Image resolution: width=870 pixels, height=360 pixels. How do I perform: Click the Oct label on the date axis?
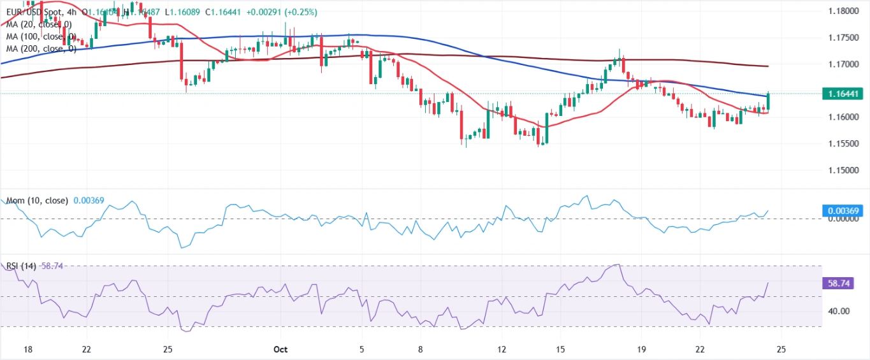coord(281,349)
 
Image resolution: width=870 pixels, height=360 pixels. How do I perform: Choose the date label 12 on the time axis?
coord(502,349)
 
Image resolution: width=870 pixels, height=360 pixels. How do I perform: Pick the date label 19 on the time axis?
coord(641,349)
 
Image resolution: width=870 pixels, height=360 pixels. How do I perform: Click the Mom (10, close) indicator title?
coord(38,201)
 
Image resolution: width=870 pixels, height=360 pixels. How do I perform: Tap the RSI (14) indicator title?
coord(21,266)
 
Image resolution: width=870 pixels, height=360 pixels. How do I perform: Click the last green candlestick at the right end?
coord(769,101)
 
